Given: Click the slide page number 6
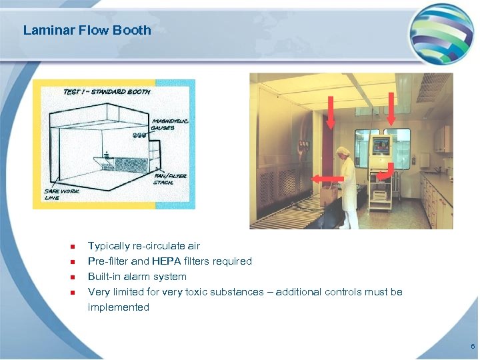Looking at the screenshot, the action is click(472, 347).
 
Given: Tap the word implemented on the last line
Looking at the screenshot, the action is click(118, 307).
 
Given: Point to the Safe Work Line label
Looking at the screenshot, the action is click(61, 194).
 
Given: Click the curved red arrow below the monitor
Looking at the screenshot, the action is click(385, 175).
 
